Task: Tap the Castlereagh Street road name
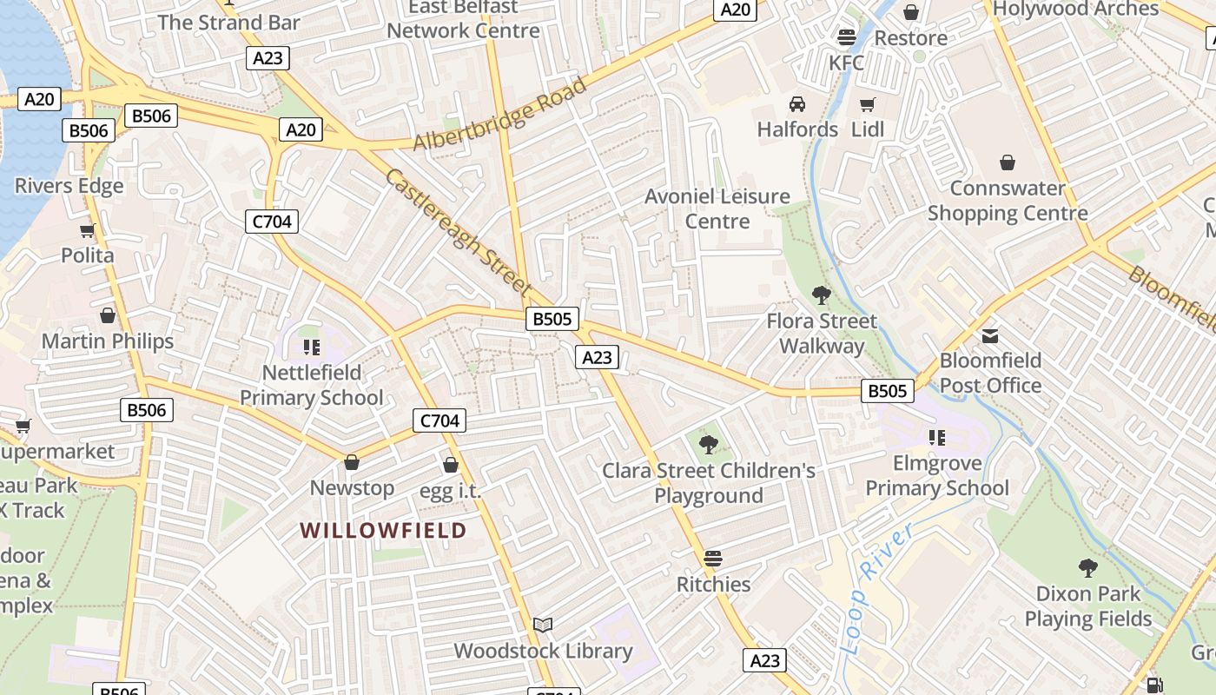click(457, 231)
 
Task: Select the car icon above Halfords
click(796, 105)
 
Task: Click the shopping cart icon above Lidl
click(867, 105)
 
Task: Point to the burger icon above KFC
click(847, 37)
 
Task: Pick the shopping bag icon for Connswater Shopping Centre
click(1007, 162)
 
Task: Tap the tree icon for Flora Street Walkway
click(821, 295)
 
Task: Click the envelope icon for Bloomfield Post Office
click(990, 335)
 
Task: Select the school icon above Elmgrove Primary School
click(936, 437)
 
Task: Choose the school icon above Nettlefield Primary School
click(312, 347)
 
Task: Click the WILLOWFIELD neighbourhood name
click(383, 530)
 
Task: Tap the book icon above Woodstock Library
click(543, 625)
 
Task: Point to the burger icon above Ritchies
click(713, 558)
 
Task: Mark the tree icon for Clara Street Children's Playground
click(709, 445)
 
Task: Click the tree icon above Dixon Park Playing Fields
click(1087, 568)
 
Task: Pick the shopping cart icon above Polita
click(87, 230)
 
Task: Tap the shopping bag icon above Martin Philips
click(108, 315)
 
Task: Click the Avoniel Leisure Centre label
click(717, 208)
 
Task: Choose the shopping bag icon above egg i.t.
click(450, 465)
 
